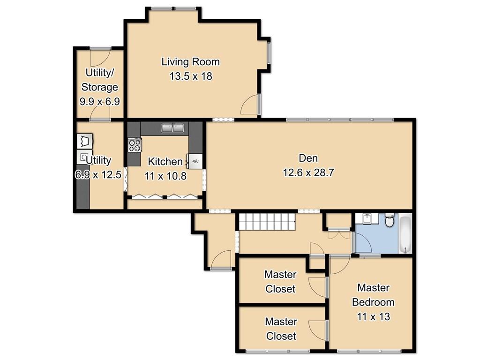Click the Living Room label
click(190, 62)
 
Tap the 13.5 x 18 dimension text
click(191, 76)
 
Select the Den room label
click(308, 158)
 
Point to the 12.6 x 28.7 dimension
click(308, 172)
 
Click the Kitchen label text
click(165, 161)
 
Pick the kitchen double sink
click(173, 127)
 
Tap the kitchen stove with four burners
click(135, 145)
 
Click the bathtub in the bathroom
click(405, 234)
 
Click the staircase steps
click(267, 222)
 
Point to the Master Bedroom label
click(373, 295)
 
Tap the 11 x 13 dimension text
click(373, 316)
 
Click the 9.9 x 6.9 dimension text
click(99, 101)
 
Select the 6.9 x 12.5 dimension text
click(98, 175)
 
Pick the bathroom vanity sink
click(367, 218)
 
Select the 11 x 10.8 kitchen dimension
click(165, 176)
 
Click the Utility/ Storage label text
click(99, 80)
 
